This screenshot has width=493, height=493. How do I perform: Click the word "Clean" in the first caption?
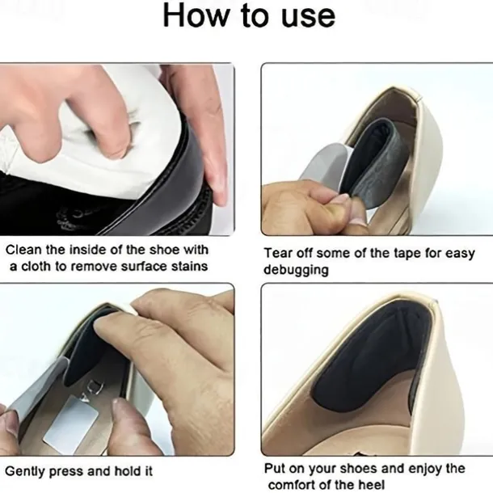click(23, 250)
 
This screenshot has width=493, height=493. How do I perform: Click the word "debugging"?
click(296, 271)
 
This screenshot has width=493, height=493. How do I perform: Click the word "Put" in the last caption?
click(274, 468)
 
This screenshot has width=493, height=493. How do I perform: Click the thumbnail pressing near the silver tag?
click(120, 409)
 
